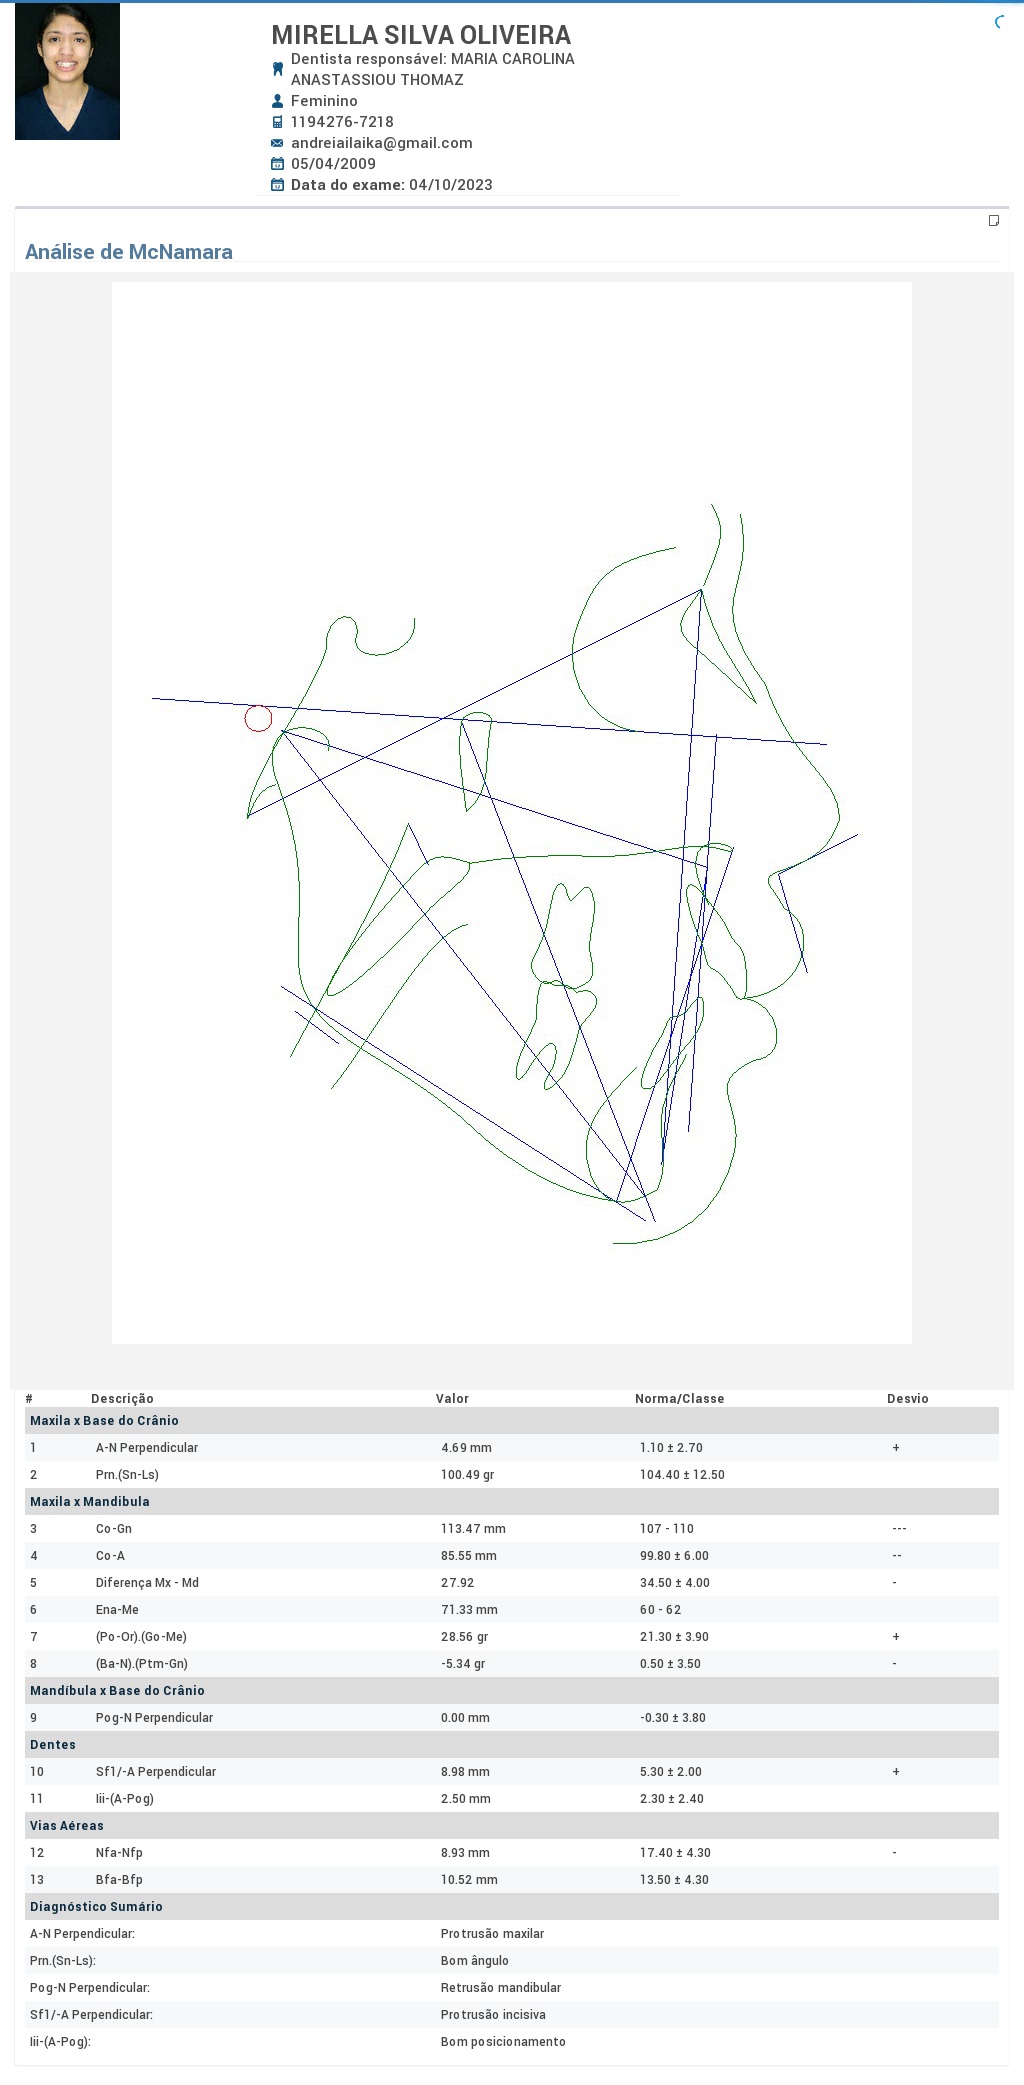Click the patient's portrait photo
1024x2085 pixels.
(67, 71)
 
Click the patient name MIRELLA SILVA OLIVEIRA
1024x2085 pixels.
(421, 35)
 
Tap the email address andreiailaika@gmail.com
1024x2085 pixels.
(382, 143)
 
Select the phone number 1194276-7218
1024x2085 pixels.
(342, 122)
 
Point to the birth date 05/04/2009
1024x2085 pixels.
(334, 164)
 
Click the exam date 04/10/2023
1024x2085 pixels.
(451, 185)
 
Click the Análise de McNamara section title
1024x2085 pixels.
(129, 252)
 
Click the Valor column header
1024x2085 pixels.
(452, 1399)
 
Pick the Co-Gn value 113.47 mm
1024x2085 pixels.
(473, 1529)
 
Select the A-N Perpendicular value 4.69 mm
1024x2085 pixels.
(466, 1448)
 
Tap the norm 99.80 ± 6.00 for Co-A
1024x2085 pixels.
(674, 1556)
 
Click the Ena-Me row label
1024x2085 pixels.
(117, 1610)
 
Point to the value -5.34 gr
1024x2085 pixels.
(463, 1664)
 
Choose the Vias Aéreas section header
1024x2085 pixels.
(67, 1826)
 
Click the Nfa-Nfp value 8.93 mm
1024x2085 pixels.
(465, 1853)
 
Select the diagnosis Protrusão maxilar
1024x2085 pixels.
(492, 1934)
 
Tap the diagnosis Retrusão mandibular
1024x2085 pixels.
(501, 1988)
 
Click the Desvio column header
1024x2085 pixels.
(908, 1399)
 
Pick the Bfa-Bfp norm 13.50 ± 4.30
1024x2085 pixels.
(674, 1880)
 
